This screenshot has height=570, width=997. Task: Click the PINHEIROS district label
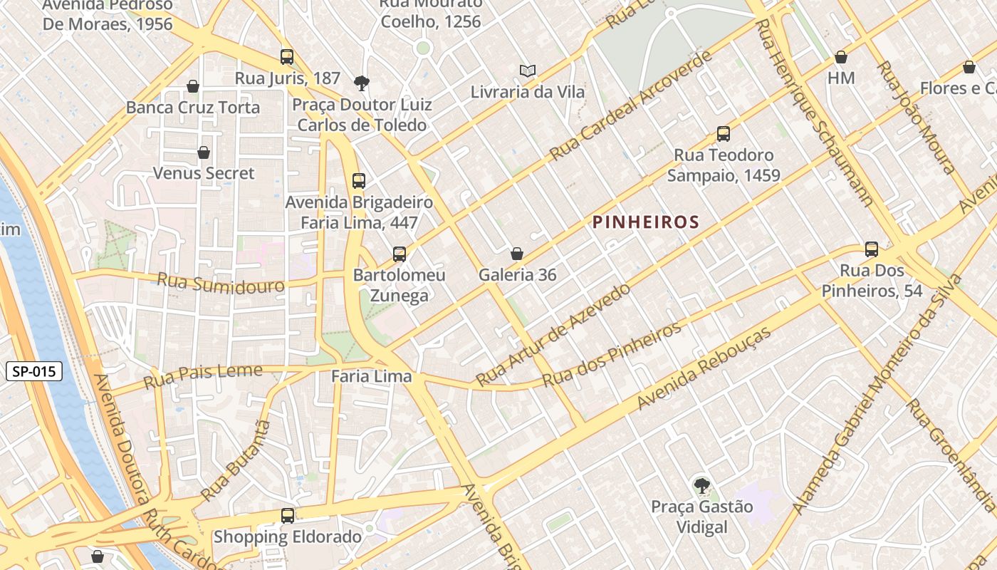pos(646,222)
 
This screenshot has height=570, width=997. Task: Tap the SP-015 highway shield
pos(34,371)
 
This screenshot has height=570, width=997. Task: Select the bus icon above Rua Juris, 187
pos(287,57)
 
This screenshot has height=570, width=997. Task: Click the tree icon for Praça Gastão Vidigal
pos(701,487)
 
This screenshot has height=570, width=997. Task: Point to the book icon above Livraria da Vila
pos(527,71)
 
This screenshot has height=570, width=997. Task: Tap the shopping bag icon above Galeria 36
pos(517,254)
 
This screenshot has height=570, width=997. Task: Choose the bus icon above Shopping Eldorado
pos(288,515)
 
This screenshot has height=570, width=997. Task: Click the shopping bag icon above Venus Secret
pos(204,152)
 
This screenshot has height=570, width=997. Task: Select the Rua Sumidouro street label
pos(220,282)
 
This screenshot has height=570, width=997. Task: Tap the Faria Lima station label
pos(372,376)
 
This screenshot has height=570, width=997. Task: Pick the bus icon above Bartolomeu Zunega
pos(400,254)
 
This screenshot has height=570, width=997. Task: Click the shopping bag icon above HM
pos(841,57)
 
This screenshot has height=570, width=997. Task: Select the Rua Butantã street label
pos(236,460)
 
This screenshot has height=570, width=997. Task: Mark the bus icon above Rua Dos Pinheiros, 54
pos(872,249)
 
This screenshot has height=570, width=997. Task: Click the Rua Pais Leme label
pos(203,375)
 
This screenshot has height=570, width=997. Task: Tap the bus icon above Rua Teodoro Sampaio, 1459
pos(724,134)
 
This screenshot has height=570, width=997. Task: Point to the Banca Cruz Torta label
pos(193,108)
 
